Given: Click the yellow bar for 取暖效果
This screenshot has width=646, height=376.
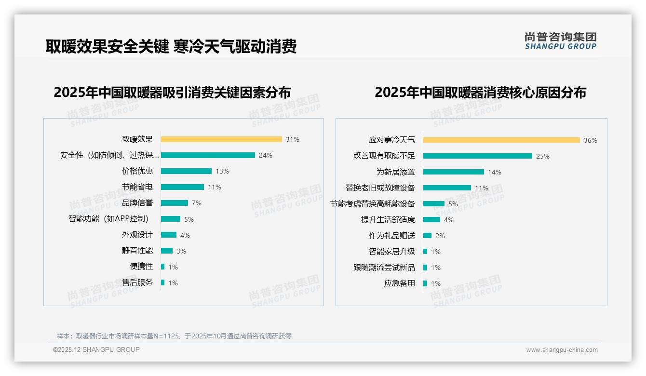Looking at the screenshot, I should point(221,139).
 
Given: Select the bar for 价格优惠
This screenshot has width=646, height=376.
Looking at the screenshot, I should point(186,171).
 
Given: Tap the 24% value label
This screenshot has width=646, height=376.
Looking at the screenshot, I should point(266,155).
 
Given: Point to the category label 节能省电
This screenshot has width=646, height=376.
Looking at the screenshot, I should point(137,187).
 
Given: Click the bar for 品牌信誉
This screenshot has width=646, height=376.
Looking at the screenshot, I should point(174,203).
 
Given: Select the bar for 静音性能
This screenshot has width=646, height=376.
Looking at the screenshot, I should point(166,251).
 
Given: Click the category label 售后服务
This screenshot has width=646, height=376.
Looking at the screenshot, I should point(137,282).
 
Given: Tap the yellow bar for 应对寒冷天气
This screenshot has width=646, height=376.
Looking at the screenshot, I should point(501,140).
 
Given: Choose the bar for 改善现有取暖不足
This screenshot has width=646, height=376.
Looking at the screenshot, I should point(478,156).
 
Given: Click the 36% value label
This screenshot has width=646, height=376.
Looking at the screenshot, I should point(591,140).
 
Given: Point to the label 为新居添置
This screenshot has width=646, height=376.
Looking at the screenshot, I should point(396,172).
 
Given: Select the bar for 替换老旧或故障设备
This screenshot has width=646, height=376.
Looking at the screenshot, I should point(447,188).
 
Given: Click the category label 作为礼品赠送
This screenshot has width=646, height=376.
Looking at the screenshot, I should point(392,236).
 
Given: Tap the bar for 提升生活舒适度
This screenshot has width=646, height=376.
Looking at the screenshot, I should point(431,220).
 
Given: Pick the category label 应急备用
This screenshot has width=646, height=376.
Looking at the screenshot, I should point(400,283).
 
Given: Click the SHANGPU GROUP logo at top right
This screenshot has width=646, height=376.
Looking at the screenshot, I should point(560,41).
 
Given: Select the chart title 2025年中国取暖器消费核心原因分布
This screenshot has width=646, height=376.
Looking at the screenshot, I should point(480,93).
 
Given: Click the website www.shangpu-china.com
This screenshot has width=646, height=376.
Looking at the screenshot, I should point(562,350).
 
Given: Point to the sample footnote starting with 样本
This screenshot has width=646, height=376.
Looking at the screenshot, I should point(174,336).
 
